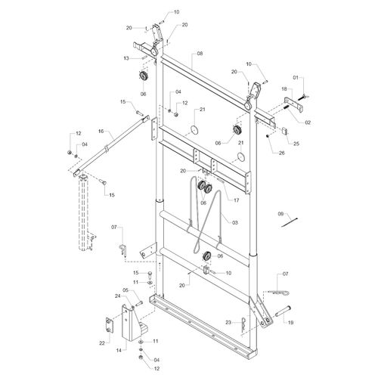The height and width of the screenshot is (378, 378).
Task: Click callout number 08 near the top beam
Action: click(200, 54)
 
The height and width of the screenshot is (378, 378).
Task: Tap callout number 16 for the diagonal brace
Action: click(101, 131)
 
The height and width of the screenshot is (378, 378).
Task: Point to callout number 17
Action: click(236, 200)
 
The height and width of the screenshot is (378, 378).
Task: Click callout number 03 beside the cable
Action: click(235, 222)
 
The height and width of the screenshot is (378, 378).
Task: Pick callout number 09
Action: click(280, 214)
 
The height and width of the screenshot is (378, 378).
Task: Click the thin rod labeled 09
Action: click(290, 222)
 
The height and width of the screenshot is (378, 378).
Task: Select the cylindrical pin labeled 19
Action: click(283, 311)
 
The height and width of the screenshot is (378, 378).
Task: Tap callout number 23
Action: click(228, 322)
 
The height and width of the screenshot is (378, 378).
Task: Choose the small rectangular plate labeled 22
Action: click(110, 325)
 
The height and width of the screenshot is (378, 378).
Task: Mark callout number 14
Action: click(119, 350)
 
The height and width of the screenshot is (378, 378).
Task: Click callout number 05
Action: click(125, 290)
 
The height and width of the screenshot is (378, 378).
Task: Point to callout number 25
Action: click(296, 144)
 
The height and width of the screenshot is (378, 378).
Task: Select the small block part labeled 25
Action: click(285, 131)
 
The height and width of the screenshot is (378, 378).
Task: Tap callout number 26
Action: click(281, 153)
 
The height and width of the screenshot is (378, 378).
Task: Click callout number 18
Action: click(284, 88)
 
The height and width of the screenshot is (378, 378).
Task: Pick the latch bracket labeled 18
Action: click(294, 104)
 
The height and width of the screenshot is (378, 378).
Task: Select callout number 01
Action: click(296, 77)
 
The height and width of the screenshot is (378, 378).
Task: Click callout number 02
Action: click(308, 122)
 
